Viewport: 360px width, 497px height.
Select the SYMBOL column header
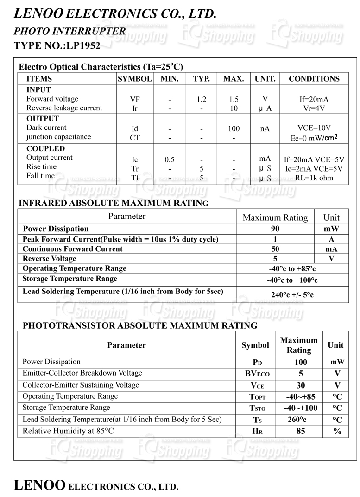(134, 79)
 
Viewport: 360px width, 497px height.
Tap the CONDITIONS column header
(314, 79)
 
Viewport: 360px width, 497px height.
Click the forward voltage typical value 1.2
(201, 99)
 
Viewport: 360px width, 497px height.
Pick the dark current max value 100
(234, 128)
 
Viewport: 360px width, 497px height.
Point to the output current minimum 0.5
(170, 159)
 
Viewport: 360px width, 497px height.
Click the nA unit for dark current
(265, 128)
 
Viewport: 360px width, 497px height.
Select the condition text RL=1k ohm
(314, 178)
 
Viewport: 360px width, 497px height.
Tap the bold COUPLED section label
(45, 149)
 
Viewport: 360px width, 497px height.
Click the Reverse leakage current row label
(64, 108)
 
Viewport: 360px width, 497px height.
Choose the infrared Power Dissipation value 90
(275, 229)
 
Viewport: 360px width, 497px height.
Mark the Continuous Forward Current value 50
(275, 249)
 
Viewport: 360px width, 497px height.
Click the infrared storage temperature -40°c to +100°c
(292, 280)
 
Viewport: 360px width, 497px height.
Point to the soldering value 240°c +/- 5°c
(292, 294)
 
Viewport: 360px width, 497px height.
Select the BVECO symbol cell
(255, 374)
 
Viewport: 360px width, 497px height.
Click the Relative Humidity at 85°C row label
(68, 431)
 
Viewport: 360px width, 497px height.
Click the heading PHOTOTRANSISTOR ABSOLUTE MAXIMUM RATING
(140, 325)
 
